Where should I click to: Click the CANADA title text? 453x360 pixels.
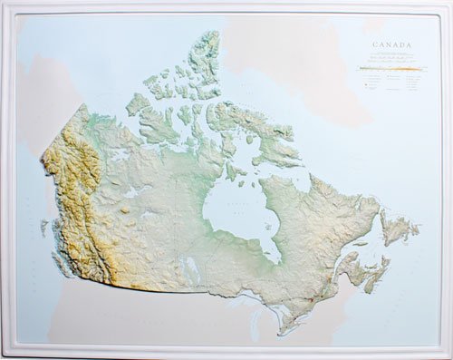391,44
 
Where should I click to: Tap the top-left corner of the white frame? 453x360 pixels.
5,5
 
